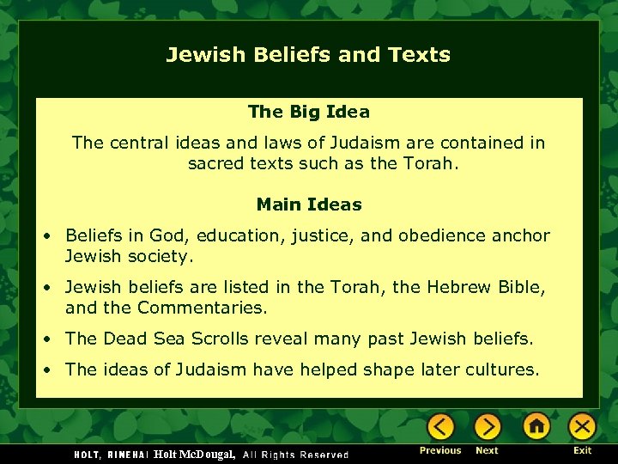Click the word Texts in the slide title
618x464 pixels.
click(419, 55)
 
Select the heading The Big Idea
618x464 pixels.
click(308, 112)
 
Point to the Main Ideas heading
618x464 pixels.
click(309, 205)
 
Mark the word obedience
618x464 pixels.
click(462, 235)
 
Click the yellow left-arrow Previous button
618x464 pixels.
click(441, 426)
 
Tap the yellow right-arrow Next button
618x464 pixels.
click(488, 426)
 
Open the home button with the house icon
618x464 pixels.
click(536, 426)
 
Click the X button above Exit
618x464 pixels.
click(583, 426)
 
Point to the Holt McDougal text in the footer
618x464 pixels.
click(194, 454)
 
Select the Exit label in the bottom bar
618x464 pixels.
click(583, 450)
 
